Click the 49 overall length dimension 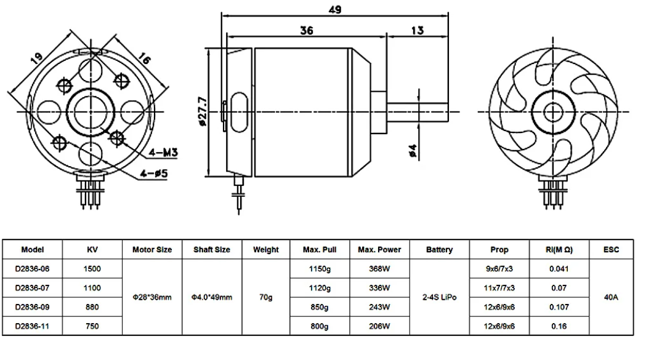tap(335, 9)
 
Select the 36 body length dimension tap(307, 30)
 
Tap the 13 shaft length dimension tap(417, 30)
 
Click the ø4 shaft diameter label tap(413, 150)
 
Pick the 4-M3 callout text tap(164, 153)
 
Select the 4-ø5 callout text tap(154, 173)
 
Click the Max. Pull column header tap(320, 250)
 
